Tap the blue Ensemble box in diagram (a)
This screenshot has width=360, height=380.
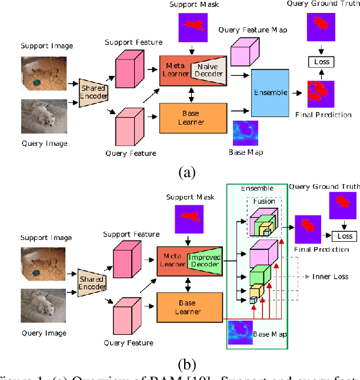[271, 92]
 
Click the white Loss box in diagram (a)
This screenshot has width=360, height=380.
[321, 61]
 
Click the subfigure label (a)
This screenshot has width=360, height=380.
[186, 172]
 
